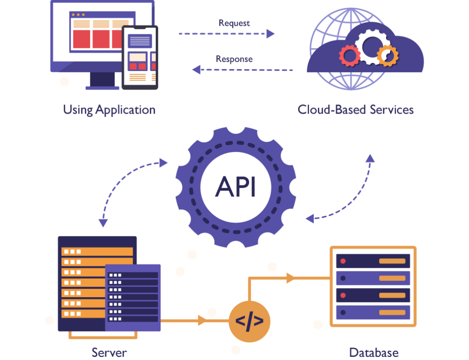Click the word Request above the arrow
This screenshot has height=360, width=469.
pyautogui.click(x=234, y=23)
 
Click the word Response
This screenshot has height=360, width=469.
pyautogui.click(x=234, y=59)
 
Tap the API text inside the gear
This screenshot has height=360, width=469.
pyautogui.click(x=236, y=187)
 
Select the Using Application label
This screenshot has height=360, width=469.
pyautogui.click(x=109, y=110)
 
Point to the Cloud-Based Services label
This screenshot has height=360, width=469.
pyautogui.click(x=355, y=110)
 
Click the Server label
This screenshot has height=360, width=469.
pyautogui.click(x=109, y=353)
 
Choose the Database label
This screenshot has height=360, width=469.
pyautogui.click(x=374, y=353)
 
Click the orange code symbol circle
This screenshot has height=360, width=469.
pyautogui.click(x=250, y=322)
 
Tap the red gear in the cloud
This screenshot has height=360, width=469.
pyautogui.click(x=349, y=55)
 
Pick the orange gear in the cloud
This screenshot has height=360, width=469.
pyautogui.click(x=387, y=55)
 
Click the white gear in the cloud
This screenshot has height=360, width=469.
pyautogui.click(x=371, y=47)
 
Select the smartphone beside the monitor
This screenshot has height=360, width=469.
pyautogui.click(x=140, y=57)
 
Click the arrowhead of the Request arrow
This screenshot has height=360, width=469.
pyautogui.click(x=270, y=33)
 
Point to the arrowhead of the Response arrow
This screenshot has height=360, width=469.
pyautogui.click(x=196, y=70)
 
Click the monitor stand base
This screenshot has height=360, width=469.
pyautogui.click(x=102, y=88)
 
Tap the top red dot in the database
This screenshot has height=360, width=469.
pyautogui.click(x=343, y=261)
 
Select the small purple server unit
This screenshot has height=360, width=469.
pyautogui.click(x=133, y=298)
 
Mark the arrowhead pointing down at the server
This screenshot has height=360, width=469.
pyautogui.click(x=103, y=223)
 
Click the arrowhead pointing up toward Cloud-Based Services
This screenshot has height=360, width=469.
pyautogui.click(x=370, y=158)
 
